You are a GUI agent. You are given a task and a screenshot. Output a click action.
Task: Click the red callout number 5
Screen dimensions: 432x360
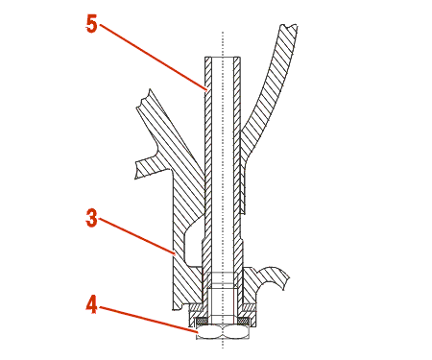click(x=91, y=24)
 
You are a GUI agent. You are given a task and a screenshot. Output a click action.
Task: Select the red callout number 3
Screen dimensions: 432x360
click(x=91, y=218)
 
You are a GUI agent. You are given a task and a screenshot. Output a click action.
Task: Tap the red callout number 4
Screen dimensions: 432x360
click(x=91, y=304)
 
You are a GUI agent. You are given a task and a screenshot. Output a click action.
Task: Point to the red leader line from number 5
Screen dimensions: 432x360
click(x=153, y=58)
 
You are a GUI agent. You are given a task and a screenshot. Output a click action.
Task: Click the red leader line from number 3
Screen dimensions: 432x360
click(x=137, y=237)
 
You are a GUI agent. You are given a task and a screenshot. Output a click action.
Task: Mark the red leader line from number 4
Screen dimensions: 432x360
click(x=148, y=320)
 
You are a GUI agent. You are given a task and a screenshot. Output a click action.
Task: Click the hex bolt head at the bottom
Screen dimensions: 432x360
click(x=223, y=332)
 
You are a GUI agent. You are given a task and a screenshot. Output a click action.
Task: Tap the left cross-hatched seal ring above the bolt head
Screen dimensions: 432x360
click(x=202, y=321)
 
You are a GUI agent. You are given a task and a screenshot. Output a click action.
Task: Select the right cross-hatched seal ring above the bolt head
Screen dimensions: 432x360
click(x=244, y=321)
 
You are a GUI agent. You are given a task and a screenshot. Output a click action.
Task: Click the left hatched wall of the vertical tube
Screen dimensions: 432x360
click(x=208, y=160)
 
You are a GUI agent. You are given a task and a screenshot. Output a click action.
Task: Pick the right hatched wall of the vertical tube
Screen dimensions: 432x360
click(x=237, y=160)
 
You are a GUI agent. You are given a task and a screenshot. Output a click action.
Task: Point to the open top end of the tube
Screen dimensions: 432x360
click(x=223, y=58)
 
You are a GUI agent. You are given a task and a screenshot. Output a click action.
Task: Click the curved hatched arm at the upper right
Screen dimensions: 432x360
click(x=269, y=96)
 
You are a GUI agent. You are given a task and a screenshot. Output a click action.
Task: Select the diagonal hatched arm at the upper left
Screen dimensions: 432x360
click(x=170, y=134)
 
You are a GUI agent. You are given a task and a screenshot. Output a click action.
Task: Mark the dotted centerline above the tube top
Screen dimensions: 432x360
click(x=223, y=44)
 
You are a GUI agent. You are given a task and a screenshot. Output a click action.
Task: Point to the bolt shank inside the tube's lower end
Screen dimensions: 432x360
click(x=223, y=304)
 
